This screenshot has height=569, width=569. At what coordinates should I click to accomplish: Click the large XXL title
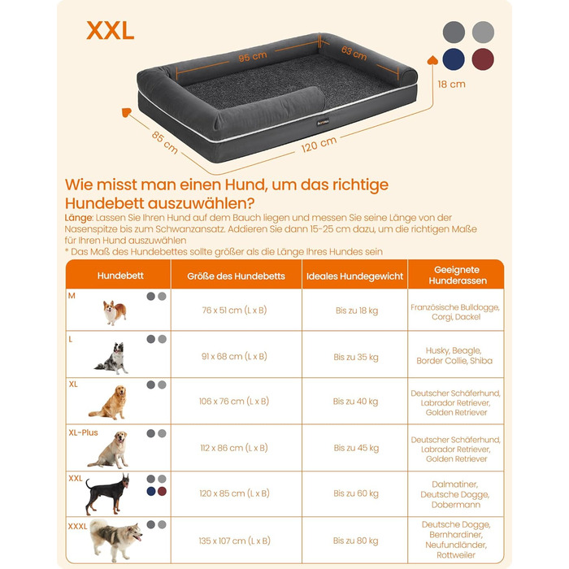111,31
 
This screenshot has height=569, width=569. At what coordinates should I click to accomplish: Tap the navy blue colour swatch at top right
454,59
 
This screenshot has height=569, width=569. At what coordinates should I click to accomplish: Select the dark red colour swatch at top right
483,59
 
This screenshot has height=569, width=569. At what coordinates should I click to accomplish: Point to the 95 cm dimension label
253,57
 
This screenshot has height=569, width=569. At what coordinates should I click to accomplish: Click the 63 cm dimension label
354,54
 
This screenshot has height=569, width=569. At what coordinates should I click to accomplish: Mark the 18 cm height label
451,85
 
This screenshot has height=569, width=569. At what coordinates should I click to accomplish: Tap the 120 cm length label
319,145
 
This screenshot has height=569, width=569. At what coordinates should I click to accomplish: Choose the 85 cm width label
164,142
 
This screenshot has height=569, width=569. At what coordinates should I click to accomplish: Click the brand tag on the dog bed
323,123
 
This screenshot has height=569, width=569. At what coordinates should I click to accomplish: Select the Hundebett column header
120,276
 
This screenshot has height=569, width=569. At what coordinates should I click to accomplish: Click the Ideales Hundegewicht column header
354,276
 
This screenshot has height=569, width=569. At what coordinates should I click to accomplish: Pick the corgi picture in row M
115,312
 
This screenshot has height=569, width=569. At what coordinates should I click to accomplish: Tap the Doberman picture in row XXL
107,494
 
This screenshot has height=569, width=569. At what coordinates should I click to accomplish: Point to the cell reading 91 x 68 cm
234,356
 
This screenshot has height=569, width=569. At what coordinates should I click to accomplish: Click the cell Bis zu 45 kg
356,448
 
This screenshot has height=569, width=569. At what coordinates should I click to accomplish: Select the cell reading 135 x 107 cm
234,541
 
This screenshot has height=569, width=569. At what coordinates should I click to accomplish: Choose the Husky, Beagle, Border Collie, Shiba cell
454,356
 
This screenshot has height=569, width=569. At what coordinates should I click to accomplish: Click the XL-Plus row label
83,432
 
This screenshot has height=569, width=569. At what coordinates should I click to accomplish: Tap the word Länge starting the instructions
79,218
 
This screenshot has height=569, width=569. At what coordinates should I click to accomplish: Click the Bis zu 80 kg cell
356,541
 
